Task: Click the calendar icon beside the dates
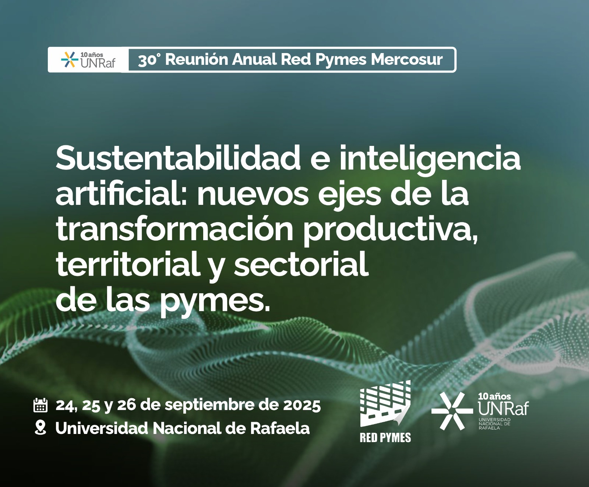(x=40, y=405)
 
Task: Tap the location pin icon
(x=40, y=428)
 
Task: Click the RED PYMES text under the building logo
(x=385, y=438)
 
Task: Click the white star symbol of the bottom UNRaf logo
(x=452, y=411)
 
